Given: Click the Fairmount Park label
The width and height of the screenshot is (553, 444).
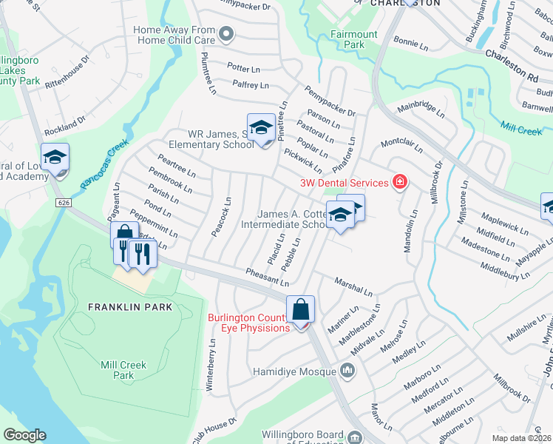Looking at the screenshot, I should pos(353,39).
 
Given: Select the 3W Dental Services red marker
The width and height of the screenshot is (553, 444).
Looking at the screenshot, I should pos(400,182).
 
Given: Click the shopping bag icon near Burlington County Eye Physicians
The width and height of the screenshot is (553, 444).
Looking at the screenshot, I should pos(301,309).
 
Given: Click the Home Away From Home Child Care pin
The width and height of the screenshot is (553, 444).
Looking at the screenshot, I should pos(227,35).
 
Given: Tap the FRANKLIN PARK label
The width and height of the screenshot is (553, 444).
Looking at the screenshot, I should pos(129,306).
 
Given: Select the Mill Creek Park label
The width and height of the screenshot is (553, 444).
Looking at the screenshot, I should pos(123,370).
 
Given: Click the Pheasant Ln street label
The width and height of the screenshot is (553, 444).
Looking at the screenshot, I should pos(268,277).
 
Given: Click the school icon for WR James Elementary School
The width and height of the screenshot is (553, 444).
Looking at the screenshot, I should pos(260,129).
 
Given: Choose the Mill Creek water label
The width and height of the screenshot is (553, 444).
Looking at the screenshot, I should pos(520,130).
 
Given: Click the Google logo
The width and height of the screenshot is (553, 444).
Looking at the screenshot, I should pos(24,435).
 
